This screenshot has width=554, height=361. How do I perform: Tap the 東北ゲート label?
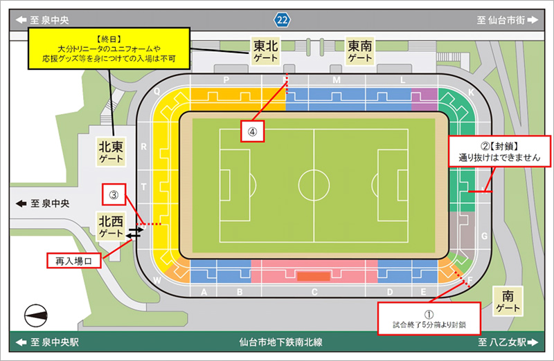pos(265,51)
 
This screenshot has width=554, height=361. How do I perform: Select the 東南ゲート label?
pos(360,51)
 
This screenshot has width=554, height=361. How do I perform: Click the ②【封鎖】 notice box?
pos(499,151)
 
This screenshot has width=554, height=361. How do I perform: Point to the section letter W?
pos(157,280)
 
